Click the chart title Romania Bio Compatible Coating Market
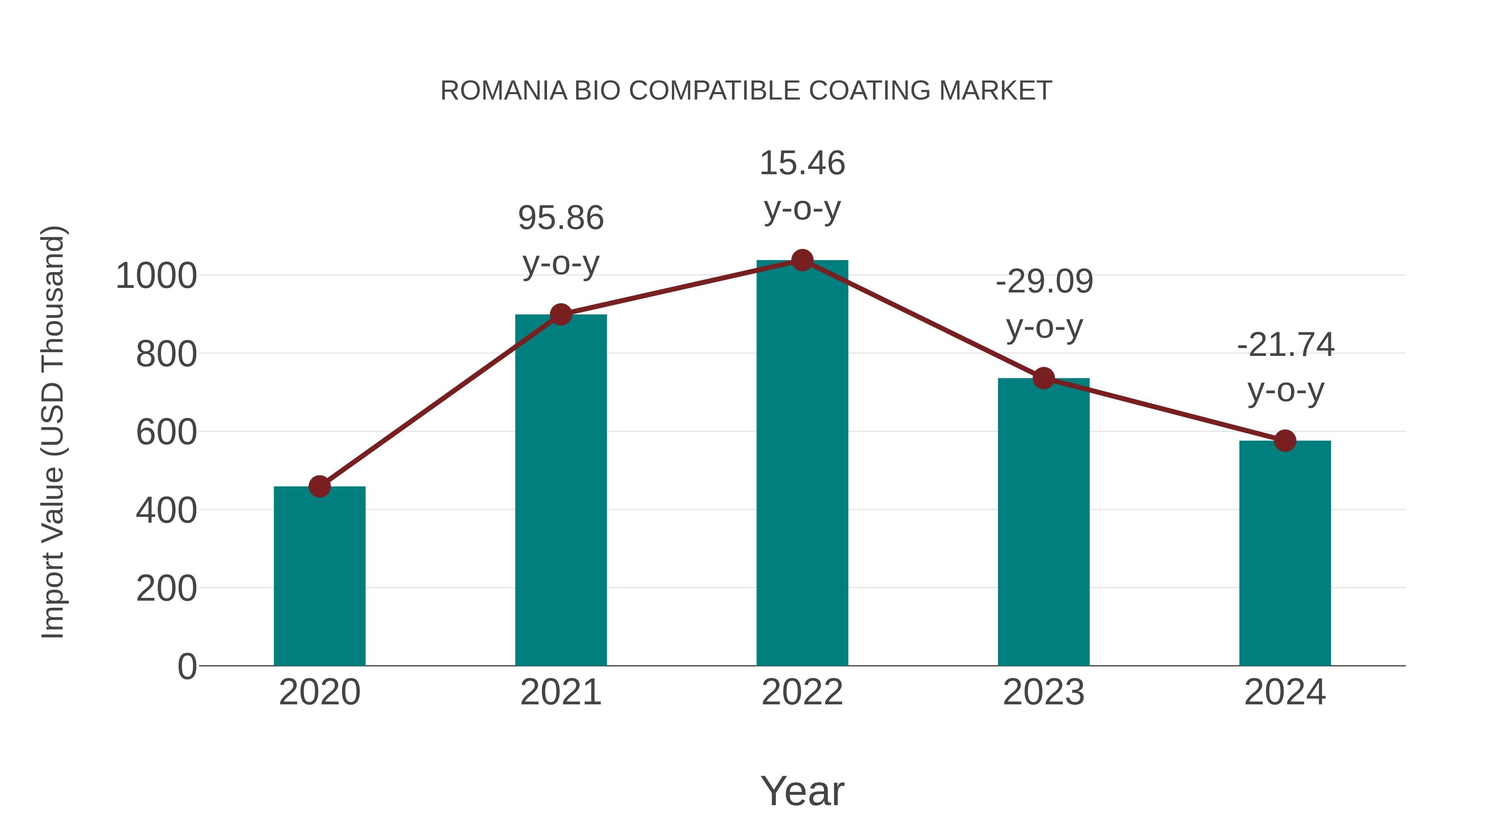pos(746,91)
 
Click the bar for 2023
pos(1043,522)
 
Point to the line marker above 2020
pos(319,487)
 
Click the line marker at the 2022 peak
pos(802,260)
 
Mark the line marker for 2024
pos(1285,441)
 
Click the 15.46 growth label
pos(802,163)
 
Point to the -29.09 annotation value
pos(1044,282)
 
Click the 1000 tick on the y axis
pos(156,276)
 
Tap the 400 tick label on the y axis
pos(166,511)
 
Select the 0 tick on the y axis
pos(187,667)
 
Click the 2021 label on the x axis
pos(560,692)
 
